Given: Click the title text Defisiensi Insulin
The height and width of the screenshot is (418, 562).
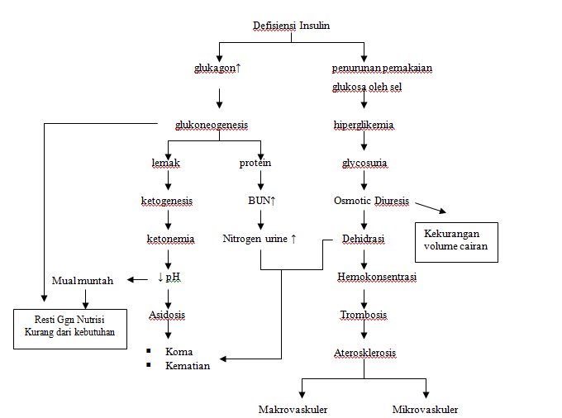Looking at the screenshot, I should click(x=291, y=26).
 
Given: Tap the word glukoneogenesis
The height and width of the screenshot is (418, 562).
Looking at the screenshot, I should click(x=211, y=125).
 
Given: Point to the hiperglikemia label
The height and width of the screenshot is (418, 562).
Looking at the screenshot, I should click(x=363, y=125).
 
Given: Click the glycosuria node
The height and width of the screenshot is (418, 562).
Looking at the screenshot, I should click(x=364, y=163).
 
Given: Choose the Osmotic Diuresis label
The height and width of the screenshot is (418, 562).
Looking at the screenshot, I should click(x=372, y=200).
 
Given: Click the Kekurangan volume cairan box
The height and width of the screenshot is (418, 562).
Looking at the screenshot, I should click(x=456, y=241).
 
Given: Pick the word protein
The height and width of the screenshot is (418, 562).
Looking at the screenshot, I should click(x=255, y=163).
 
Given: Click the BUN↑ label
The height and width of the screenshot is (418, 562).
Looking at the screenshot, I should click(x=261, y=200).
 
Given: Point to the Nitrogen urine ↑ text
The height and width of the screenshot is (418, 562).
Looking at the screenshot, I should click(x=260, y=239).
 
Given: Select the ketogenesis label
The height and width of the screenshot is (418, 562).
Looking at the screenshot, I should click(x=168, y=200).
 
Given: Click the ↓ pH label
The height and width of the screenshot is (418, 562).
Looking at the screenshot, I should click(x=169, y=277).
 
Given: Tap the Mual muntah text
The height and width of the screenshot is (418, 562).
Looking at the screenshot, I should click(x=83, y=280).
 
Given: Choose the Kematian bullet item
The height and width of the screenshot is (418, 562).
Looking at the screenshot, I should click(x=188, y=365).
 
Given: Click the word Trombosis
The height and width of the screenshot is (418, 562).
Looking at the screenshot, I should click(x=364, y=315).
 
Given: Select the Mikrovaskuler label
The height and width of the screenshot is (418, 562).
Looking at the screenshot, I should click(x=425, y=409).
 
